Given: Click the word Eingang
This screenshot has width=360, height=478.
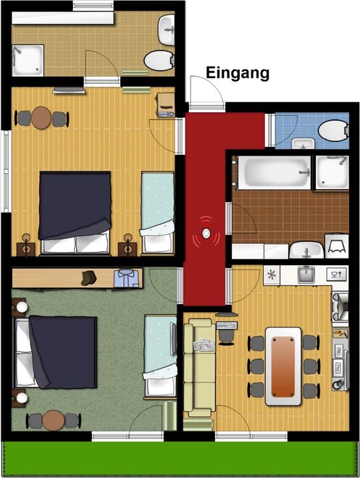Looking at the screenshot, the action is click(x=238, y=73).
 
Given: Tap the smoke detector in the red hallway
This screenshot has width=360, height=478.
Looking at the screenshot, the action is click(x=206, y=234).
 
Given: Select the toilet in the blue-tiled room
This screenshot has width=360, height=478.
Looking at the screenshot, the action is click(x=333, y=130).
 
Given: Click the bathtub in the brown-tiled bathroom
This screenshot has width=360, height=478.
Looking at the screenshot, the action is click(x=274, y=172).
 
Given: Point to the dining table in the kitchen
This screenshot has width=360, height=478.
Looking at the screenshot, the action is click(x=283, y=366).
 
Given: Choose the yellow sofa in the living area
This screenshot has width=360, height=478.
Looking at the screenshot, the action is click(x=200, y=367).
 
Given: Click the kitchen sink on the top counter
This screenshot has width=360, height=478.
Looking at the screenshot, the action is click(x=306, y=274).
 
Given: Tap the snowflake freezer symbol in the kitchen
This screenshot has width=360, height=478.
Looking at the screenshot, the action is click(x=271, y=275).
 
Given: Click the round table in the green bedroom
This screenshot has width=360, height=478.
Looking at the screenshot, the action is click(x=54, y=420).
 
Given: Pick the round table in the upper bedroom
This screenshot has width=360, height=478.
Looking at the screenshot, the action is click(x=41, y=117).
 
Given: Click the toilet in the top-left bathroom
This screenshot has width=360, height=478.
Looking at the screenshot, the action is click(x=159, y=60).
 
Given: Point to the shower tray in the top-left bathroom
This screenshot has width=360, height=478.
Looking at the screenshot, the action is click(x=28, y=60).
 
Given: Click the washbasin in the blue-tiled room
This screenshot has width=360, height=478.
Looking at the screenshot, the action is click(x=303, y=143).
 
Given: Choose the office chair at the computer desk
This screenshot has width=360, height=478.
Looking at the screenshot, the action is click(x=227, y=337).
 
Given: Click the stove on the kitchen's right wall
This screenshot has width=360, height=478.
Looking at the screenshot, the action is click(x=340, y=306).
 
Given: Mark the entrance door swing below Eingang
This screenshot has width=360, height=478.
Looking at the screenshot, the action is click(x=207, y=91).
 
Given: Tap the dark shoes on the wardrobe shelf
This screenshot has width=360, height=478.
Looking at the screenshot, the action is click(x=88, y=277).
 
